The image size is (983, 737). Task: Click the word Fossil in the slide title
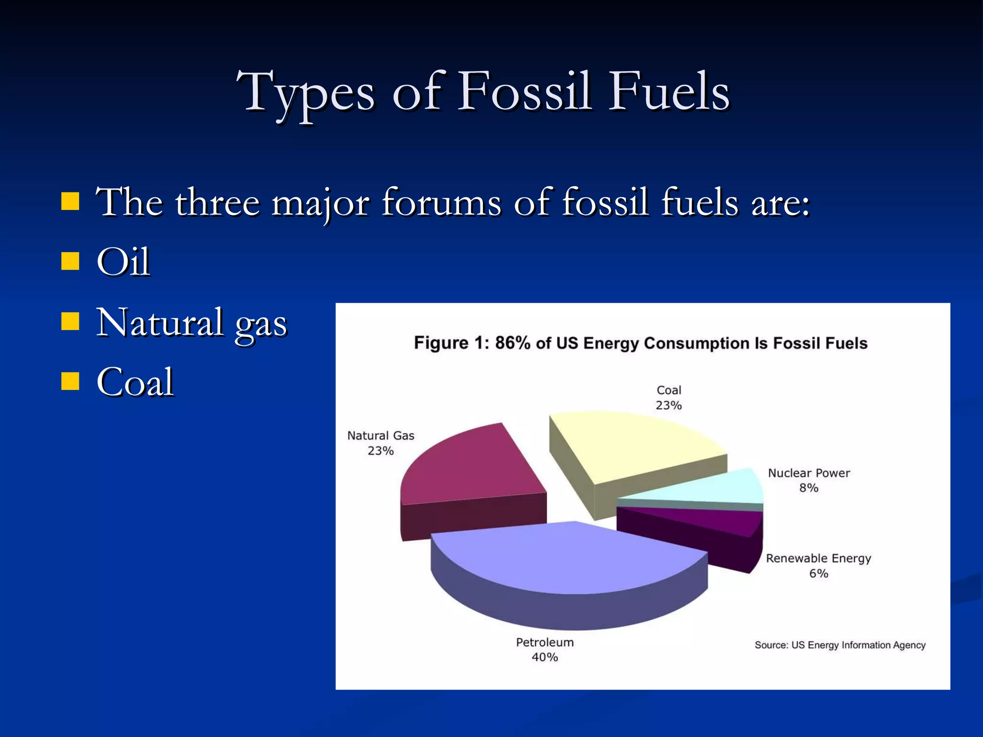pyautogui.click(x=524, y=91)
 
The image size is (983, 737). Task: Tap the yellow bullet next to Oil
pyautogui.click(x=70, y=262)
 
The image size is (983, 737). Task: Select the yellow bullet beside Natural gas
pyautogui.click(x=70, y=321)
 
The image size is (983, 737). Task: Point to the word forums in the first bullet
pyautogui.click(x=441, y=202)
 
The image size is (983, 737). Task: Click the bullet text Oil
pyautogui.click(x=123, y=262)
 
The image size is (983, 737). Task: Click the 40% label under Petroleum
pyautogui.click(x=545, y=657)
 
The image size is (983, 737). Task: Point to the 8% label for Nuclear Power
pyautogui.click(x=809, y=488)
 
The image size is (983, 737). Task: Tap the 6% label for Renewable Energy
pyautogui.click(x=819, y=573)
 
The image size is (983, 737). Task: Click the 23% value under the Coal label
pyautogui.click(x=669, y=405)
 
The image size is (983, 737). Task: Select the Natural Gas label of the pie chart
pyautogui.click(x=381, y=436)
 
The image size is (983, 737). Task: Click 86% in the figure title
pyautogui.click(x=513, y=343)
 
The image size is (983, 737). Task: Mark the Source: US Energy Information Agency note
pyautogui.click(x=840, y=645)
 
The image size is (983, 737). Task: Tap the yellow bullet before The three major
pyautogui.click(x=70, y=202)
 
